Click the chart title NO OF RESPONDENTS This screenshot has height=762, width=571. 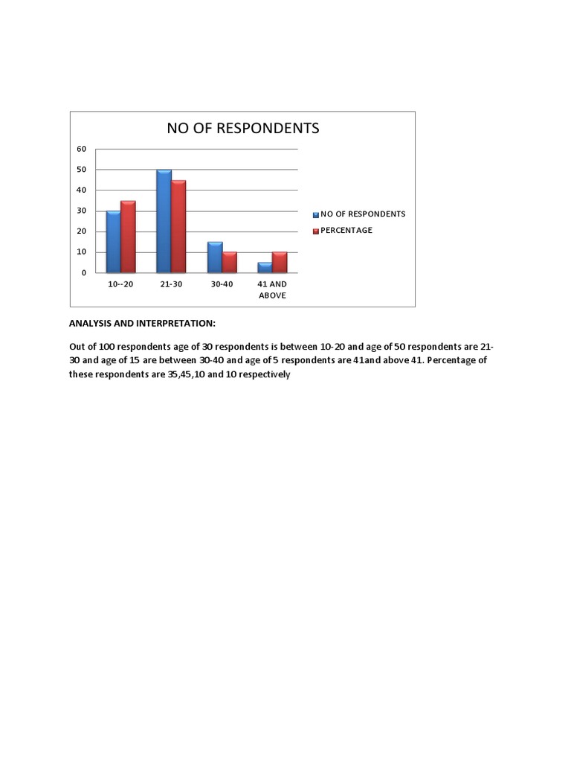point(242,128)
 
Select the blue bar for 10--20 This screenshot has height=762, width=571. point(113,242)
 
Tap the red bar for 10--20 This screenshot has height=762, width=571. point(128,237)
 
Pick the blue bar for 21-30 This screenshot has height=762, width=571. point(164,221)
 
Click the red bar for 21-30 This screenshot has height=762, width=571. point(178,226)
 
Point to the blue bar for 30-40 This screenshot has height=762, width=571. point(214,257)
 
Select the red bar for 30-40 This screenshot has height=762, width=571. point(229,263)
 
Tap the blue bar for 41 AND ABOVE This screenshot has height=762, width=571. point(265,268)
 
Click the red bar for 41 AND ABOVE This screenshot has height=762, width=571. point(280,263)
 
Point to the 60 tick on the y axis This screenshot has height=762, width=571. point(82,149)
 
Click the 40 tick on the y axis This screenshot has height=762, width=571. point(82,190)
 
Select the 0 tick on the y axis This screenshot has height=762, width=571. point(84,273)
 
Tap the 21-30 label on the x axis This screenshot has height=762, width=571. point(171,284)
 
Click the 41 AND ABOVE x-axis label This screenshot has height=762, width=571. point(272,289)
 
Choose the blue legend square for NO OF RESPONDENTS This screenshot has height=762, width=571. point(315,214)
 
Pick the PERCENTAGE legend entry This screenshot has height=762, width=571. point(346,231)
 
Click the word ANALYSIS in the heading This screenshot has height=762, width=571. point(92,324)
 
